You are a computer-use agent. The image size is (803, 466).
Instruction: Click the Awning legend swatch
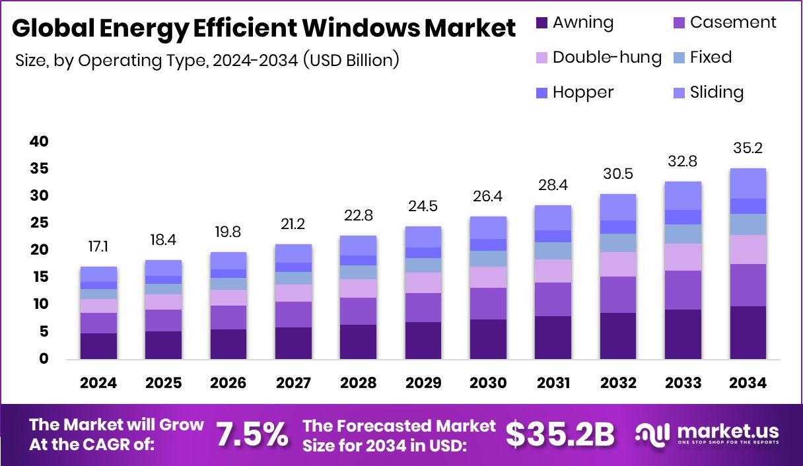[541, 23]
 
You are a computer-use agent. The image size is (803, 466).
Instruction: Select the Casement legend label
[733, 22]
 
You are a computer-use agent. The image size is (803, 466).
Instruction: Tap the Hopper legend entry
[583, 92]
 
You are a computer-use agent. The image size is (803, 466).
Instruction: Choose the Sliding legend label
[716, 92]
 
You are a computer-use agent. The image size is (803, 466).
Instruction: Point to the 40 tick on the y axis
[39, 141]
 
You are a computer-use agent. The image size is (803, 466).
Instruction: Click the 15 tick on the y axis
[39, 277]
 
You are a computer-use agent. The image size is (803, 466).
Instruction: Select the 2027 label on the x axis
[293, 383]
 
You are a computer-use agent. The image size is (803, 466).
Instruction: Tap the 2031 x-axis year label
[553, 383]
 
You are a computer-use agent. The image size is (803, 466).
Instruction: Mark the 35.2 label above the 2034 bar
[748, 149]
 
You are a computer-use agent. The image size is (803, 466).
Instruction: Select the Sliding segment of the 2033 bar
[683, 195]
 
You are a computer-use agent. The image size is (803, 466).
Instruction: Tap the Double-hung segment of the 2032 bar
[617, 264]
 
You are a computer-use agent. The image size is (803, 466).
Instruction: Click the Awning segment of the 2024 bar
[98, 346]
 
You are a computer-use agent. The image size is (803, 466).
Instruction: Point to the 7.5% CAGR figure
[252, 434]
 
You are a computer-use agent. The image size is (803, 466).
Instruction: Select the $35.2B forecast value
[560, 434]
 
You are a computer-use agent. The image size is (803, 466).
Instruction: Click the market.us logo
[707, 434]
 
